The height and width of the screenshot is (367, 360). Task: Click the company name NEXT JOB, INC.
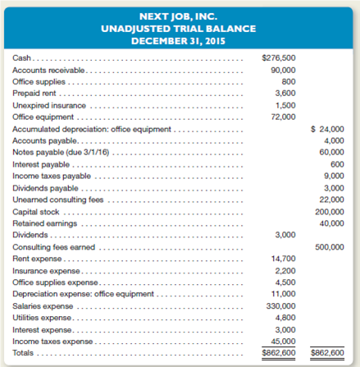click(180, 16)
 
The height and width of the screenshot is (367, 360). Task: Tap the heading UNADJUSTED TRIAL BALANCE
click(180, 29)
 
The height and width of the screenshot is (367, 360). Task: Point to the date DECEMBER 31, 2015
click(180, 40)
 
